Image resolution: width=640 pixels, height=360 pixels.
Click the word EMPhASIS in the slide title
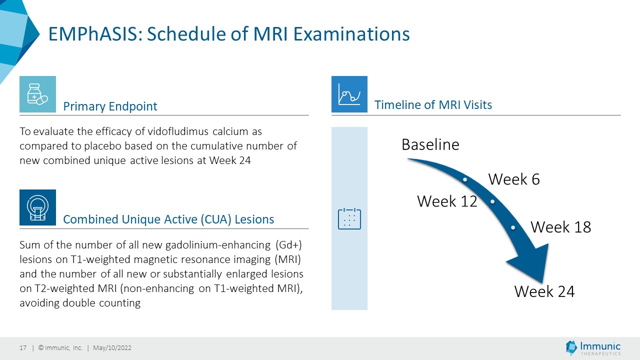click(95, 34)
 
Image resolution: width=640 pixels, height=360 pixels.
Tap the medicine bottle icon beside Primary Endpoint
click(37, 94)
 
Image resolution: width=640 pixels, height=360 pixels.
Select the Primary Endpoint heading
click(110, 106)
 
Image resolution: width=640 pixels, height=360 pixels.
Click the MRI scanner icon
click(37, 207)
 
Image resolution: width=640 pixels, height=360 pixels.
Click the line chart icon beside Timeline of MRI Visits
click(349, 94)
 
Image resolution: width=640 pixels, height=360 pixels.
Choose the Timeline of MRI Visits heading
click(433, 105)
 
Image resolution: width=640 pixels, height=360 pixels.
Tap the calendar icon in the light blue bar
click(349, 219)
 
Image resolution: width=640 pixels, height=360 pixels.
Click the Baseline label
click(430, 144)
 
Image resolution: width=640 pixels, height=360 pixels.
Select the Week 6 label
click(514, 179)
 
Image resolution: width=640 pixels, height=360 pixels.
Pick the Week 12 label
click(447, 201)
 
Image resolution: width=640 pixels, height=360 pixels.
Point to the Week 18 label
click(561, 227)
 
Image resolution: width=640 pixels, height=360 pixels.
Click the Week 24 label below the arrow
click(544, 291)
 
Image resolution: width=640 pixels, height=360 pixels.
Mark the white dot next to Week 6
click(465, 179)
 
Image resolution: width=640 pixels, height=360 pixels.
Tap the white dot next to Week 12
click(492, 201)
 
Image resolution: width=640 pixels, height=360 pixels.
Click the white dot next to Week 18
click(513, 227)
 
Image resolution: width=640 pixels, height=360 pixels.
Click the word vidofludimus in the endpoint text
click(178, 131)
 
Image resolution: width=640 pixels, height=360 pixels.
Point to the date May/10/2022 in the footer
click(112, 347)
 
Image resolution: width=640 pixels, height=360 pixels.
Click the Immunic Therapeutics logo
click(593, 348)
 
